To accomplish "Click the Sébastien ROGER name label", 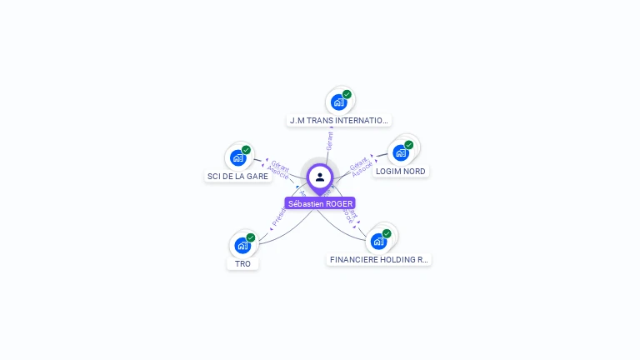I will (320, 203).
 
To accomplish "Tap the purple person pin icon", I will (320, 177).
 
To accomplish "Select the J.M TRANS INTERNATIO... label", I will (338, 121).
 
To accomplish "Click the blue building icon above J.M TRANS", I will (338, 102).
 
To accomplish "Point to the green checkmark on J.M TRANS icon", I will (347, 94).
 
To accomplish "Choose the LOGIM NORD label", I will (400, 172).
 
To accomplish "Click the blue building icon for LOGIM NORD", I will (401, 153).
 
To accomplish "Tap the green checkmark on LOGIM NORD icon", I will (409, 145).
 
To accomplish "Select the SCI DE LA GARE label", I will (237, 177).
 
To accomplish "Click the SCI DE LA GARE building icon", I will (237, 157).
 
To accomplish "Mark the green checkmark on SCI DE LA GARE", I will (246, 150).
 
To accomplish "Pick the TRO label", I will (242, 264).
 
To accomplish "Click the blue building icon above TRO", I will (242, 245).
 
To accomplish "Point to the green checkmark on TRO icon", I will (251, 237).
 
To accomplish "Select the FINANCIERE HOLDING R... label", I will (379, 260).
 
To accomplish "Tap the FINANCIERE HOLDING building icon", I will (379, 242).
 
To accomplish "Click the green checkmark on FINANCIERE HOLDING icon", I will (387, 233).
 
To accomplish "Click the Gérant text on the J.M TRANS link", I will (330, 141).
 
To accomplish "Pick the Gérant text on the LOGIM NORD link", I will (359, 163).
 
